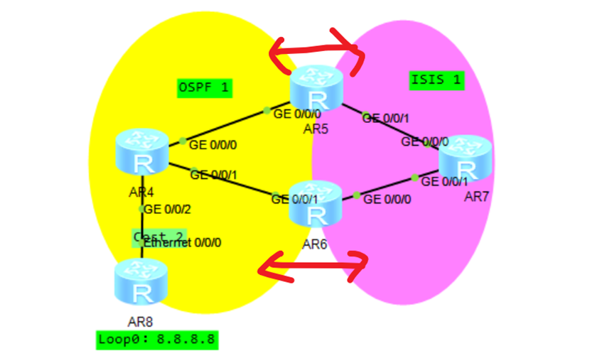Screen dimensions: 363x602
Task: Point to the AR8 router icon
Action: [x=141, y=282]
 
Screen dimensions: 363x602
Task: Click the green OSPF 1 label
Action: [x=205, y=88]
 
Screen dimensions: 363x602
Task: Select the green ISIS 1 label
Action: [x=436, y=80]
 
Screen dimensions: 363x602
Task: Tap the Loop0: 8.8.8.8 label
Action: [x=156, y=340]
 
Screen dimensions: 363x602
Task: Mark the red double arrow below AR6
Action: [x=313, y=266]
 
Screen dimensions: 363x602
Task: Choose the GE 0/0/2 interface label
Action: [x=167, y=209]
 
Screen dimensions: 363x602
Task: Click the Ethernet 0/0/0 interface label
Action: [x=183, y=243]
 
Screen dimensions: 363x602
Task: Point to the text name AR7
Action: [x=476, y=197]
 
